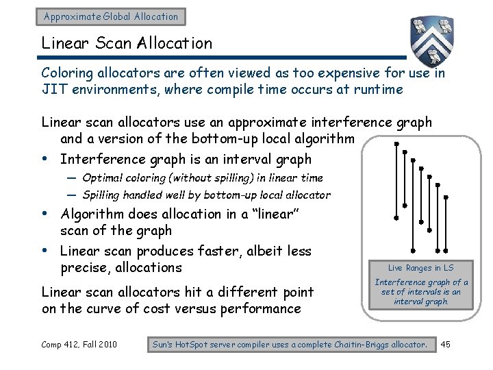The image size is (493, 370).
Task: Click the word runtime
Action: click(x=377, y=89)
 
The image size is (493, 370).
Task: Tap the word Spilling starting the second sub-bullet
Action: click(x=103, y=195)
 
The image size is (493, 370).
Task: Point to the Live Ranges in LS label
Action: click(x=420, y=268)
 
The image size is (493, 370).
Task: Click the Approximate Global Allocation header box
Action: click(x=111, y=16)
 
